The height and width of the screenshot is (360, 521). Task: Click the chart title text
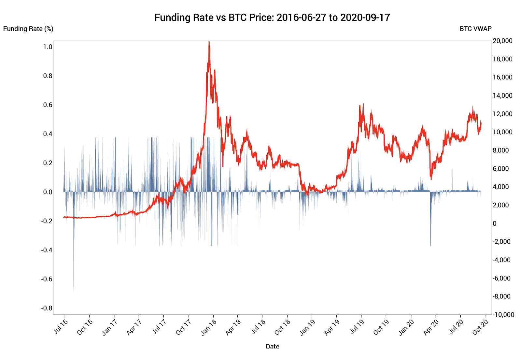coord(272,18)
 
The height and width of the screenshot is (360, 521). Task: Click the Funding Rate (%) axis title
coord(28,29)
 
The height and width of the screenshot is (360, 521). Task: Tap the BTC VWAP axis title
coord(475,29)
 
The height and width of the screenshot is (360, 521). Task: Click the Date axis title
coord(272,346)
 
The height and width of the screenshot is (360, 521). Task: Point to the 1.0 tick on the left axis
coord(48,47)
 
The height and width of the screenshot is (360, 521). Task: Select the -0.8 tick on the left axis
coord(47,308)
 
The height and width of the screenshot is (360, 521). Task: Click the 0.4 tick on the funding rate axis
coord(48,134)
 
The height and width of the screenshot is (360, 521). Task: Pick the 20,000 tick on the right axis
coord(502,41)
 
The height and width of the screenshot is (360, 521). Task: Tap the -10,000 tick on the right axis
coord(503,315)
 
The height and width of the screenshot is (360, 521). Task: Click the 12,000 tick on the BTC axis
coord(502,114)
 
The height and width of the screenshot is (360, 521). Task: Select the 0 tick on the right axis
coord(495,223)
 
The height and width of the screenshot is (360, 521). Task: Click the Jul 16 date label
coord(61,327)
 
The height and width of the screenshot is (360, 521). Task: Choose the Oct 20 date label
coord(480,327)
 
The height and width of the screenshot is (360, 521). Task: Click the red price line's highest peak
coord(209,42)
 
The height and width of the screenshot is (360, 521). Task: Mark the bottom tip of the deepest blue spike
coord(74,290)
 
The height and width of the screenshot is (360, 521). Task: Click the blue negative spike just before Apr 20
coord(430,245)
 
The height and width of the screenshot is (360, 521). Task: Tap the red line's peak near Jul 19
coord(363,104)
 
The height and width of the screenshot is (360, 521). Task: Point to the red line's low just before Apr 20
coord(431,179)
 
